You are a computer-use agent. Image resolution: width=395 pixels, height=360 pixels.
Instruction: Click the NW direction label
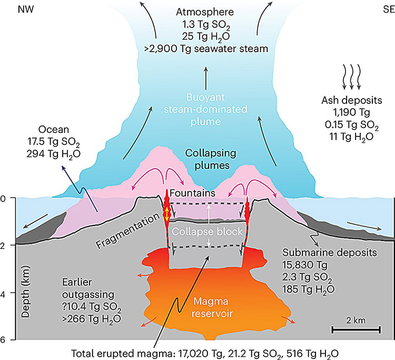click(x=26, y=9)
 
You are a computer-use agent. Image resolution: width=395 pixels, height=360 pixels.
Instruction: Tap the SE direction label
click(x=389, y=9)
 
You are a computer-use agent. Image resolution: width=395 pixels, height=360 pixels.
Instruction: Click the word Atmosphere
click(x=205, y=12)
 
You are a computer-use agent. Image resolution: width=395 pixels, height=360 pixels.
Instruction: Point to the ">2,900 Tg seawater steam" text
click(x=206, y=48)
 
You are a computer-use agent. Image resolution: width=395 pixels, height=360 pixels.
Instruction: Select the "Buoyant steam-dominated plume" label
click(x=205, y=110)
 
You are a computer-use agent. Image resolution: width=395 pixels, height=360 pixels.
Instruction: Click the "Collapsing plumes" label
click(x=211, y=159)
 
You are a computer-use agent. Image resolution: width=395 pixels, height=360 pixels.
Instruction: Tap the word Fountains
click(x=193, y=193)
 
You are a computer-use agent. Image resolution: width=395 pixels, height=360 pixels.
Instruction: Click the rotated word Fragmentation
click(x=128, y=231)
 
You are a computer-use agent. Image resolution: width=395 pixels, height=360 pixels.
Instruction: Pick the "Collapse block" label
click(x=207, y=231)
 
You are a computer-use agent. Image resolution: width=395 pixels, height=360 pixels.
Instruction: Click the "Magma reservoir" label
click(x=212, y=308)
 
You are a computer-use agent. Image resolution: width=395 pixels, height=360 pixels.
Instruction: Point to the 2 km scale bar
click(x=356, y=330)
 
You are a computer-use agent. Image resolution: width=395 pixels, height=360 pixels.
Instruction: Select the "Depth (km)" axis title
click(x=25, y=291)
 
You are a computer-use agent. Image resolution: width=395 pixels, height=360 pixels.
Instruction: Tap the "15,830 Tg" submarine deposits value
click(x=305, y=265)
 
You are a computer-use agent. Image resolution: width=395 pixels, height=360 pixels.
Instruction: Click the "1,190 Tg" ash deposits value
click(x=351, y=112)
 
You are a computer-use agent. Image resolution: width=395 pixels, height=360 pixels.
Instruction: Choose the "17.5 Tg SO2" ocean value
click(x=53, y=142)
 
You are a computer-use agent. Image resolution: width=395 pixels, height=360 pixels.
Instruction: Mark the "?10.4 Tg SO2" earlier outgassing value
click(x=92, y=307)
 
